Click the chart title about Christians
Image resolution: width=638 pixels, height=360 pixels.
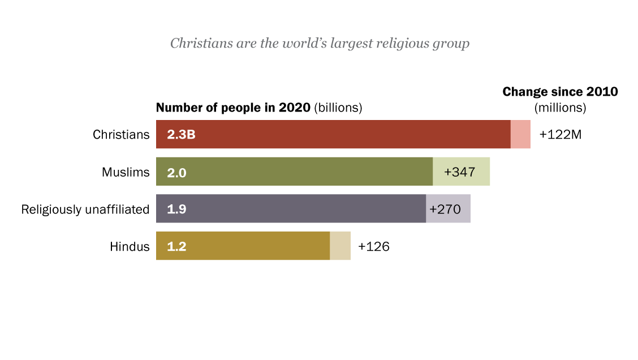coord(320,44)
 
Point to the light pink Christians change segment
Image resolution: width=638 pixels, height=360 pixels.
coord(520,135)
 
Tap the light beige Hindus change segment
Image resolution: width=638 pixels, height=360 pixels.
coord(340,246)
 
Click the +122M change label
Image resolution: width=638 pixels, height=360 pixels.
coord(561,135)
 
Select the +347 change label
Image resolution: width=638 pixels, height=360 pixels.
coord(460,172)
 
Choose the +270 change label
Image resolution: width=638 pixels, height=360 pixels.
coord(446,209)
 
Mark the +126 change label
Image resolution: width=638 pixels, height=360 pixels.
coord(374,247)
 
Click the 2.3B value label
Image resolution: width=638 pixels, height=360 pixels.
coord(181,135)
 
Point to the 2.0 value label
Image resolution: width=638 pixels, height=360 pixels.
coord(176,172)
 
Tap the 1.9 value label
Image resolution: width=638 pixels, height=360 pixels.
coord(176,209)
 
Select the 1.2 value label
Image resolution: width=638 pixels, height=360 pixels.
coord(176,247)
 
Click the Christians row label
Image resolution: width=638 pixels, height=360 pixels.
coord(121,135)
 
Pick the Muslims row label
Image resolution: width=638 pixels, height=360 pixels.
coord(126,172)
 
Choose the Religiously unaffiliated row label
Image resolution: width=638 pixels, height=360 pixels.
coord(85,209)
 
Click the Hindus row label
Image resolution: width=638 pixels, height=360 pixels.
coord(130,247)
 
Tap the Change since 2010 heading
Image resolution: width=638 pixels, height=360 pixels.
coord(560,92)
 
